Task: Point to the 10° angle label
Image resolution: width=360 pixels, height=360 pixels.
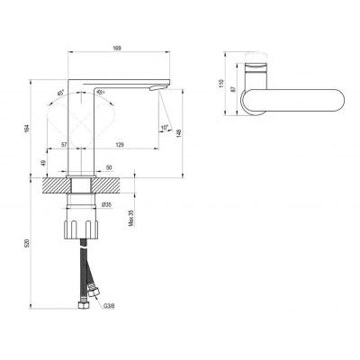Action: tap(165, 129)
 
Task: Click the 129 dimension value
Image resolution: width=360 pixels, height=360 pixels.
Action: tap(121, 144)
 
